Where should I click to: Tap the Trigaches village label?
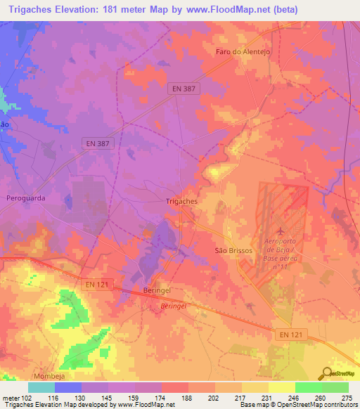point(181,201)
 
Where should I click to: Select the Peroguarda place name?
point(25,199)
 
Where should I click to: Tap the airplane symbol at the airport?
point(282,231)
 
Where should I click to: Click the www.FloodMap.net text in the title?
point(220,9)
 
